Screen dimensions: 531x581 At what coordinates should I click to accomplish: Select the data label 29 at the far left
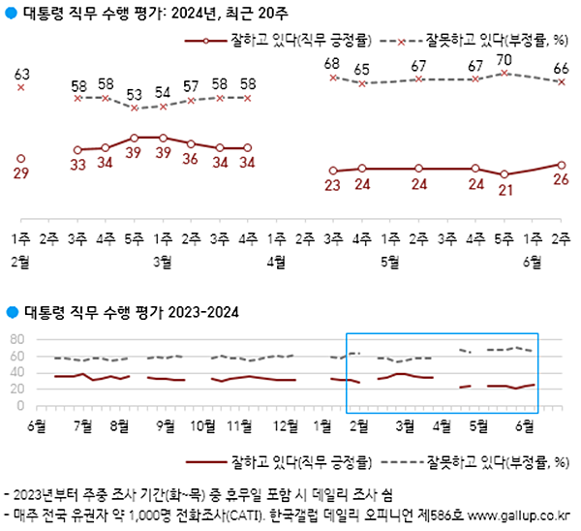(x=21, y=172)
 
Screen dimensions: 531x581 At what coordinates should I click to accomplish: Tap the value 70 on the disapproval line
(x=505, y=59)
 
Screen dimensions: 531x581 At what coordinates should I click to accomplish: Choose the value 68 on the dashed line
(x=333, y=64)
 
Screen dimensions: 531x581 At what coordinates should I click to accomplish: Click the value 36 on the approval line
(x=191, y=159)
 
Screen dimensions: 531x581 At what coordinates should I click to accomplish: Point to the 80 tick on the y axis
(x=15, y=339)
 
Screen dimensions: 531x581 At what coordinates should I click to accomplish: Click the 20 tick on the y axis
(x=15, y=389)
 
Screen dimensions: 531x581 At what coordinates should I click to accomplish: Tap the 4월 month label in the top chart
(x=276, y=261)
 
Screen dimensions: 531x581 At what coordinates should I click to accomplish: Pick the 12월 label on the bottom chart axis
(x=286, y=425)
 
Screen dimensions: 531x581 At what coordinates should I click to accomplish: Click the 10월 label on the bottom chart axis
(x=202, y=425)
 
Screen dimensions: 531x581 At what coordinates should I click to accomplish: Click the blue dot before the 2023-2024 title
(x=11, y=312)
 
